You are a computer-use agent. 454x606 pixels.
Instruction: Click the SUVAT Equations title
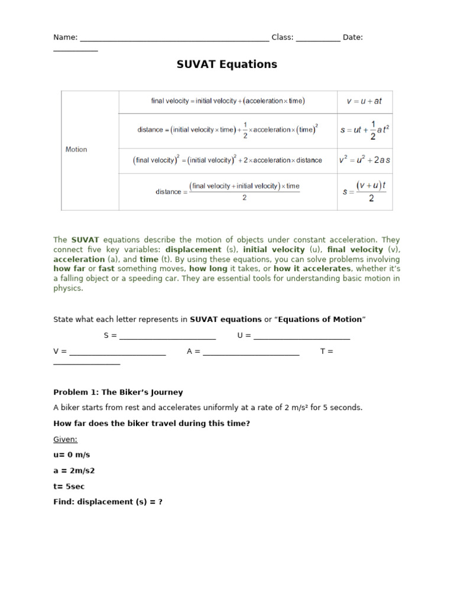[x=226, y=65]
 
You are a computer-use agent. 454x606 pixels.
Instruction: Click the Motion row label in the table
[x=76, y=150]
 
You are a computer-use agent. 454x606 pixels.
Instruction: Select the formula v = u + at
[x=364, y=101]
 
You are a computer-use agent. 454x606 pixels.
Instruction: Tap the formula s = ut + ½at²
[x=364, y=130]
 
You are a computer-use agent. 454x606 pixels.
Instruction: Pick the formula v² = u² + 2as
[x=364, y=160]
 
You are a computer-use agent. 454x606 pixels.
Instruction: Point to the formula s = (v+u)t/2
[x=364, y=191]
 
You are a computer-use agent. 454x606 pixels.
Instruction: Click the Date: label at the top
[x=352, y=37]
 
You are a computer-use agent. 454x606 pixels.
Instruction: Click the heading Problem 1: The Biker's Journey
[x=118, y=392]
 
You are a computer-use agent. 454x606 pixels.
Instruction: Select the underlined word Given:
[x=65, y=440]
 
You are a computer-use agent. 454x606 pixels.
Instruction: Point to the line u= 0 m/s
[x=72, y=455]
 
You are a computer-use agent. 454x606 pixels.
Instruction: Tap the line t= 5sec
[x=69, y=486]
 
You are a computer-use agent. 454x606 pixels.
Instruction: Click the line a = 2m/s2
[x=74, y=471]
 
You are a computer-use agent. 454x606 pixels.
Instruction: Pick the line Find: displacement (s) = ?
[x=108, y=502]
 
